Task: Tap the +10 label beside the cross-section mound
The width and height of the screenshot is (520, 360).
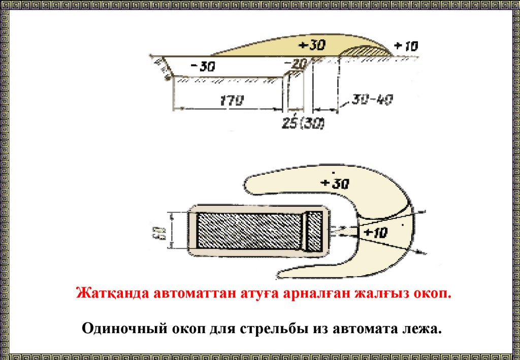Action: tap(405, 46)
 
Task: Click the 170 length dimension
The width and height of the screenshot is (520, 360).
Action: tap(232, 100)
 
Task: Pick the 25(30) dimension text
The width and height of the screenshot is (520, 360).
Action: tap(303, 124)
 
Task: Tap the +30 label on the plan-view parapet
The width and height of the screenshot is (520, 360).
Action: tap(335, 184)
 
